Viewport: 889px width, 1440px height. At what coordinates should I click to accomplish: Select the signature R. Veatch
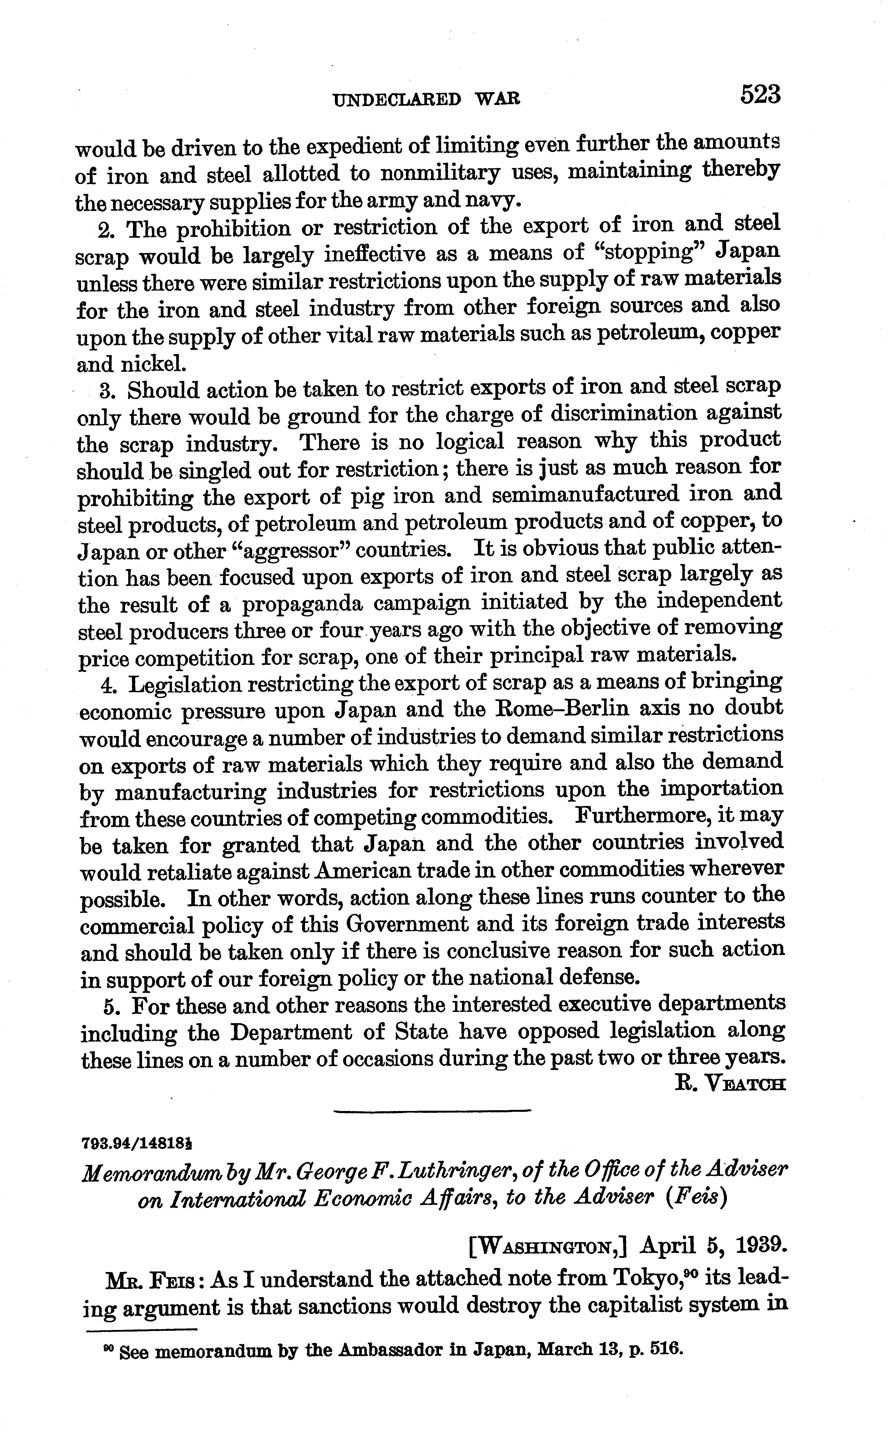730,1084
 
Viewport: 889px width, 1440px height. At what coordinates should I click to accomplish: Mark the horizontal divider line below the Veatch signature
432,1111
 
